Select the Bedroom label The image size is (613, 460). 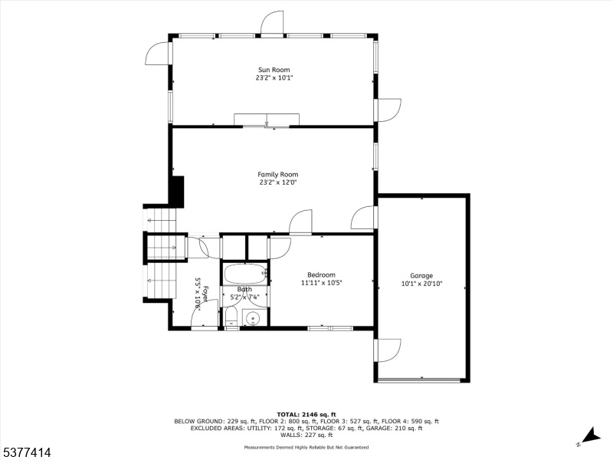point(321,275)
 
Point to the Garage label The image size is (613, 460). point(421,276)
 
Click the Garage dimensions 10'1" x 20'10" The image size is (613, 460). point(421,284)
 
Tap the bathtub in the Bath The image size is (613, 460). point(244,274)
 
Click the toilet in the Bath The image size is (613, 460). point(231,316)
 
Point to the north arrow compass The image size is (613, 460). point(590,438)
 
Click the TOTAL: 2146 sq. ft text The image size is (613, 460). point(306,415)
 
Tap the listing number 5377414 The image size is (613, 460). point(26,453)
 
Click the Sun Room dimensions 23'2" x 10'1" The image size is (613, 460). point(274,78)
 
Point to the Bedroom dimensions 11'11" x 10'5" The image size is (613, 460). point(321,283)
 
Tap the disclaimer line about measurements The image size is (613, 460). point(306,447)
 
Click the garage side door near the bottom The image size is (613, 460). point(387,350)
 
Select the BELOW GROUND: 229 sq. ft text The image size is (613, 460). point(215,422)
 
